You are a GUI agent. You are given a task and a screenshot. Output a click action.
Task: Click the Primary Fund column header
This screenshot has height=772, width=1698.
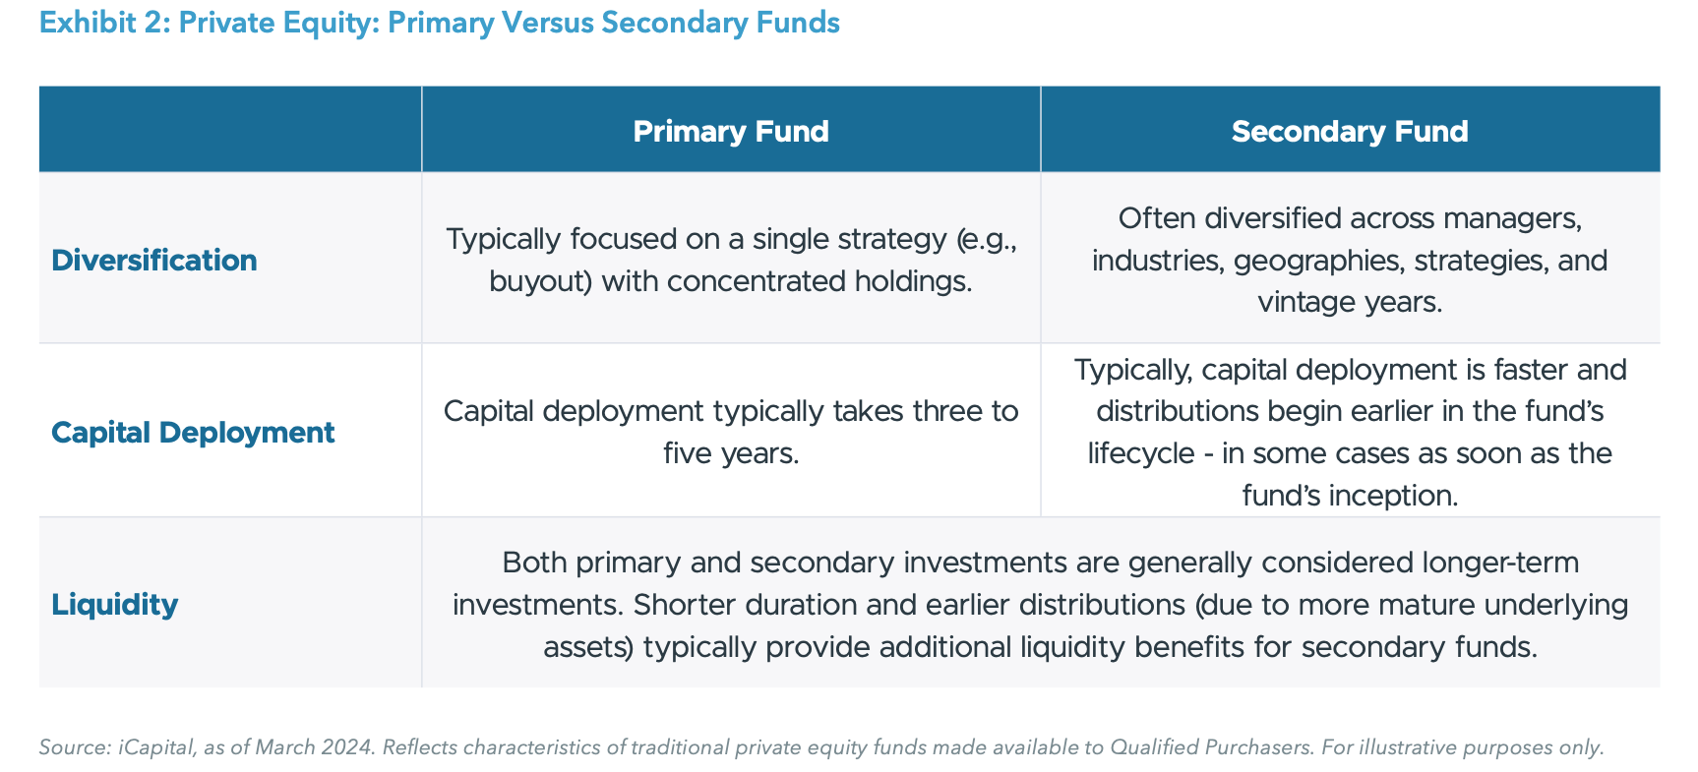pyautogui.click(x=730, y=131)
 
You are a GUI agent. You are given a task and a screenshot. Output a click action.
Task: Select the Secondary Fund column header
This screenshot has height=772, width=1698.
pyautogui.click(x=1349, y=131)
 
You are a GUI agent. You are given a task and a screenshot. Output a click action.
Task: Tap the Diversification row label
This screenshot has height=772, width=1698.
pyautogui.click(x=153, y=260)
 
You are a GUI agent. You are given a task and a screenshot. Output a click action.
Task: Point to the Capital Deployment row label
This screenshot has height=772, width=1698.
pyautogui.click(x=193, y=432)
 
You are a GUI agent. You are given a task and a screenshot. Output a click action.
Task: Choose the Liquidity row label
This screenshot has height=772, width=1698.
pyautogui.click(x=114, y=604)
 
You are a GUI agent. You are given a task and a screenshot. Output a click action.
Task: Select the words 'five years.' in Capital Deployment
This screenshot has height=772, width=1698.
pyautogui.click(x=730, y=453)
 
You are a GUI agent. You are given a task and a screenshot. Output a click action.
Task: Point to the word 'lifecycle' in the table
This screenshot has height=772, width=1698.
pyautogui.click(x=1141, y=453)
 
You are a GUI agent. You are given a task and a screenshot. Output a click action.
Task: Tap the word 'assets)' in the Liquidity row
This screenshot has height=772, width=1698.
pyautogui.click(x=588, y=647)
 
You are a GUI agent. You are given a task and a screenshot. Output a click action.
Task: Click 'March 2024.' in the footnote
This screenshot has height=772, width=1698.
pyautogui.click(x=315, y=747)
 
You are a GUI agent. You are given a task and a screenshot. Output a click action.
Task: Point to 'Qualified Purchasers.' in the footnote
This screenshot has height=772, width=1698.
pyautogui.click(x=1211, y=747)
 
